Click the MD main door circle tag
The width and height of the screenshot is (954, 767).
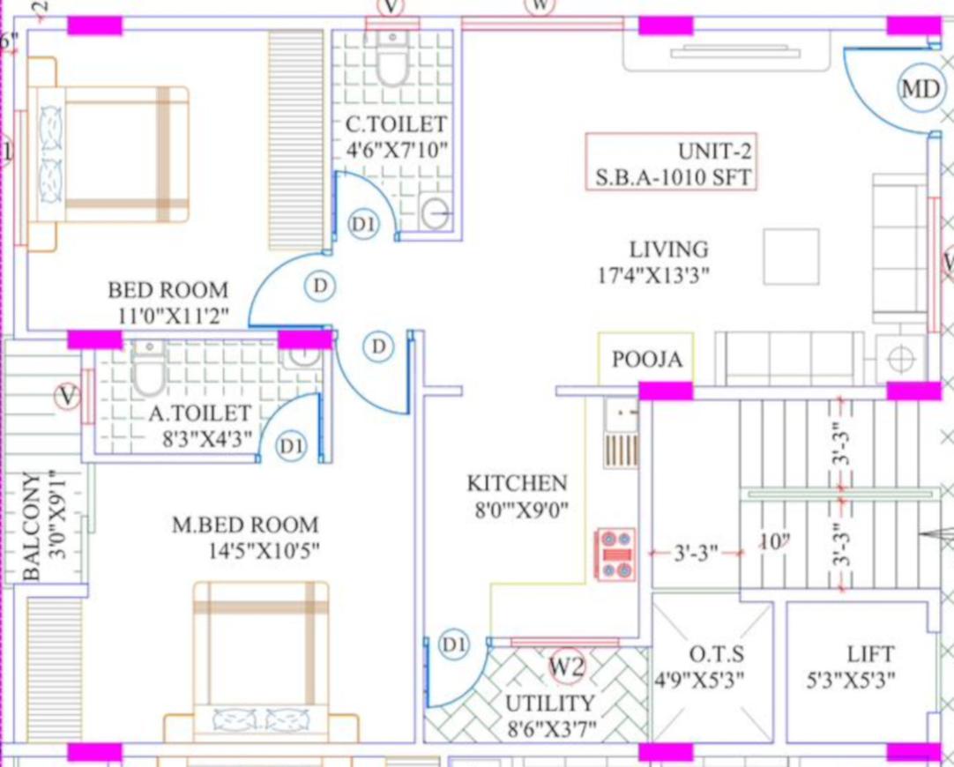(920, 89)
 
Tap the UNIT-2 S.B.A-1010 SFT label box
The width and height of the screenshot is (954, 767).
(672, 162)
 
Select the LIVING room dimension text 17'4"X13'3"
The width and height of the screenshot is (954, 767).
(653, 276)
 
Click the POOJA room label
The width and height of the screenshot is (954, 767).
(647, 359)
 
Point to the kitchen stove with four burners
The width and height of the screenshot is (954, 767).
(615, 555)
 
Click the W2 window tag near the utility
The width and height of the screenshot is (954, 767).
(567, 666)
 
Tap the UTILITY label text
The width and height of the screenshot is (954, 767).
(549, 704)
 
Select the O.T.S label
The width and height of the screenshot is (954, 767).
(716, 654)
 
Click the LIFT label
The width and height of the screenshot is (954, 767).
(870, 654)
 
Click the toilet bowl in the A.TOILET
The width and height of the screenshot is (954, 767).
(148, 368)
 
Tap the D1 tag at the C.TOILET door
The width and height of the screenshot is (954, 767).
(364, 224)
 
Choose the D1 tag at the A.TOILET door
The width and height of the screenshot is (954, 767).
(291, 446)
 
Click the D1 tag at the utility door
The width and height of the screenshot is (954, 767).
(454, 644)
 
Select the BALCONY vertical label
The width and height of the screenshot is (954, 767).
(32, 525)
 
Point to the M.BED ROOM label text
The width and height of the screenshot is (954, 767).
(245, 525)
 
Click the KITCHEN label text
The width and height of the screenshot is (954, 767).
(518, 483)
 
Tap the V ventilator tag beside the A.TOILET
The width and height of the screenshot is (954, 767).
(68, 397)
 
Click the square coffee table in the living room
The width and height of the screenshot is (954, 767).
(791, 257)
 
